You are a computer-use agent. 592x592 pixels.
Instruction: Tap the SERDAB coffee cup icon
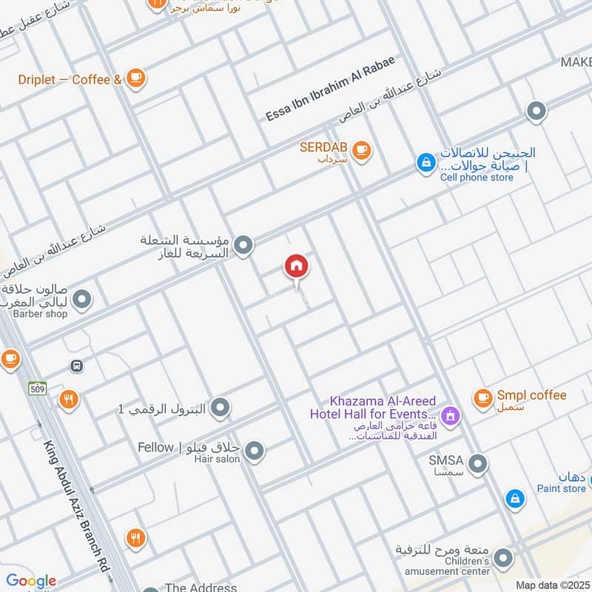pyautogui.click(x=361, y=150)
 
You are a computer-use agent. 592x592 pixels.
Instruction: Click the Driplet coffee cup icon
pyautogui.click(x=135, y=78)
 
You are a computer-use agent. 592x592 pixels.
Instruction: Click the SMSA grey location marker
pyautogui.click(x=479, y=465)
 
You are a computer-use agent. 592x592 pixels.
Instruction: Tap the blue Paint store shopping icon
pyautogui.click(x=514, y=499)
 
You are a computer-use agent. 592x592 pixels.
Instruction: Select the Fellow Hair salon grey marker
pyautogui.click(x=255, y=450)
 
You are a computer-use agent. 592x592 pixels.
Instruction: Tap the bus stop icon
pyautogui.click(x=76, y=366)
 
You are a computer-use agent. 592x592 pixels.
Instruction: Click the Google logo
pyautogui.click(x=31, y=581)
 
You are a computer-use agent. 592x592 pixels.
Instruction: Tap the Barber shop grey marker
pyautogui.click(x=83, y=300)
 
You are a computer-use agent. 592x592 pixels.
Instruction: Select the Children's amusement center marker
pyautogui.click(x=503, y=559)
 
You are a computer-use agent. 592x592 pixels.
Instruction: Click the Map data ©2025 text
pyautogui.click(x=552, y=585)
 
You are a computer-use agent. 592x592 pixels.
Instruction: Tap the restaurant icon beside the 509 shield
pyautogui.click(x=69, y=400)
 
